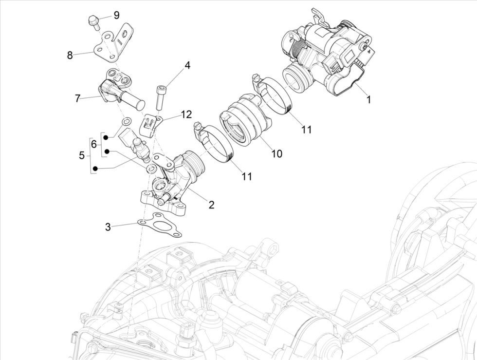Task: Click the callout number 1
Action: pos(368,100)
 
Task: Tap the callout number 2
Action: pos(211,205)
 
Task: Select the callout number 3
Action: pos(108,227)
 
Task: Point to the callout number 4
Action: pos(187,66)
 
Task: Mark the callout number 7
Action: pos(77,98)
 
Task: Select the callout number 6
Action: pos(94,144)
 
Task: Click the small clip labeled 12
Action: pos(150,126)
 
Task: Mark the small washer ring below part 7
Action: pos(126,121)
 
